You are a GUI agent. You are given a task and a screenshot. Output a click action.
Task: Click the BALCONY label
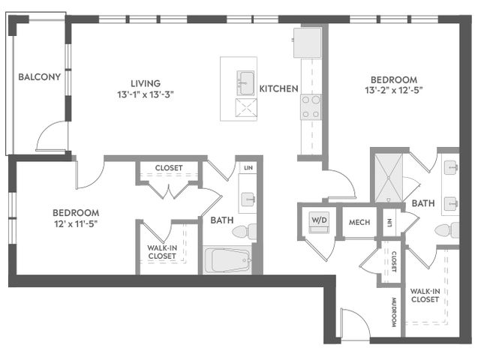(x=40, y=76)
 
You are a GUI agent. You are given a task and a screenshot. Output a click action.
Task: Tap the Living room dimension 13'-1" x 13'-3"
(x=146, y=94)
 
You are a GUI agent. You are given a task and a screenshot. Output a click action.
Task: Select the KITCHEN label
(x=278, y=88)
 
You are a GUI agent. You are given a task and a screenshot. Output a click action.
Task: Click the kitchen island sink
(x=245, y=83)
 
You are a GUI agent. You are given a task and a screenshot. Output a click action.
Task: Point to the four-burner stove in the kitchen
(x=311, y=107)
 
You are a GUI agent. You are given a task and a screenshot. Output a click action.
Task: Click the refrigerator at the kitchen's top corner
(x=308, y=43)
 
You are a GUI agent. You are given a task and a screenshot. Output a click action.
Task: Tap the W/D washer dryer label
(x=319, y=220)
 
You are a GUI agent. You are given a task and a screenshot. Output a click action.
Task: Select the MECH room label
(x=359, y=222)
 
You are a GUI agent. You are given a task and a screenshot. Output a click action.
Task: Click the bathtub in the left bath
(x=227, y=260)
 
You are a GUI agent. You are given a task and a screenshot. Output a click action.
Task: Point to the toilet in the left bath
(x=245, y=232)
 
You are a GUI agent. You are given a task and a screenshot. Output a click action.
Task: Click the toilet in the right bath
(x=447, y=230)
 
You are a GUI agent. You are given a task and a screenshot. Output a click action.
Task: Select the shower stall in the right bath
(x=389, y=178)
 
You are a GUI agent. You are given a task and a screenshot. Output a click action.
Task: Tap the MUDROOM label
(x=393, y=312)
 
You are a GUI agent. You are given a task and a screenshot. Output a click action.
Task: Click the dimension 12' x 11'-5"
(x=76, y=224)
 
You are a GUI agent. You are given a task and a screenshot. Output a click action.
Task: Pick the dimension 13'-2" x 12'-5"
(x=393, y=91)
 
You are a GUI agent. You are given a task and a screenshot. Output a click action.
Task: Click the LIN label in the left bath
(x=248, y=168)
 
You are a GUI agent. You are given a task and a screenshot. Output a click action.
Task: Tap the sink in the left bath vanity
(x=248, y=199)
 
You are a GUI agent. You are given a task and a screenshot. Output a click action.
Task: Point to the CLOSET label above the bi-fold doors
(x=169, y=168)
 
